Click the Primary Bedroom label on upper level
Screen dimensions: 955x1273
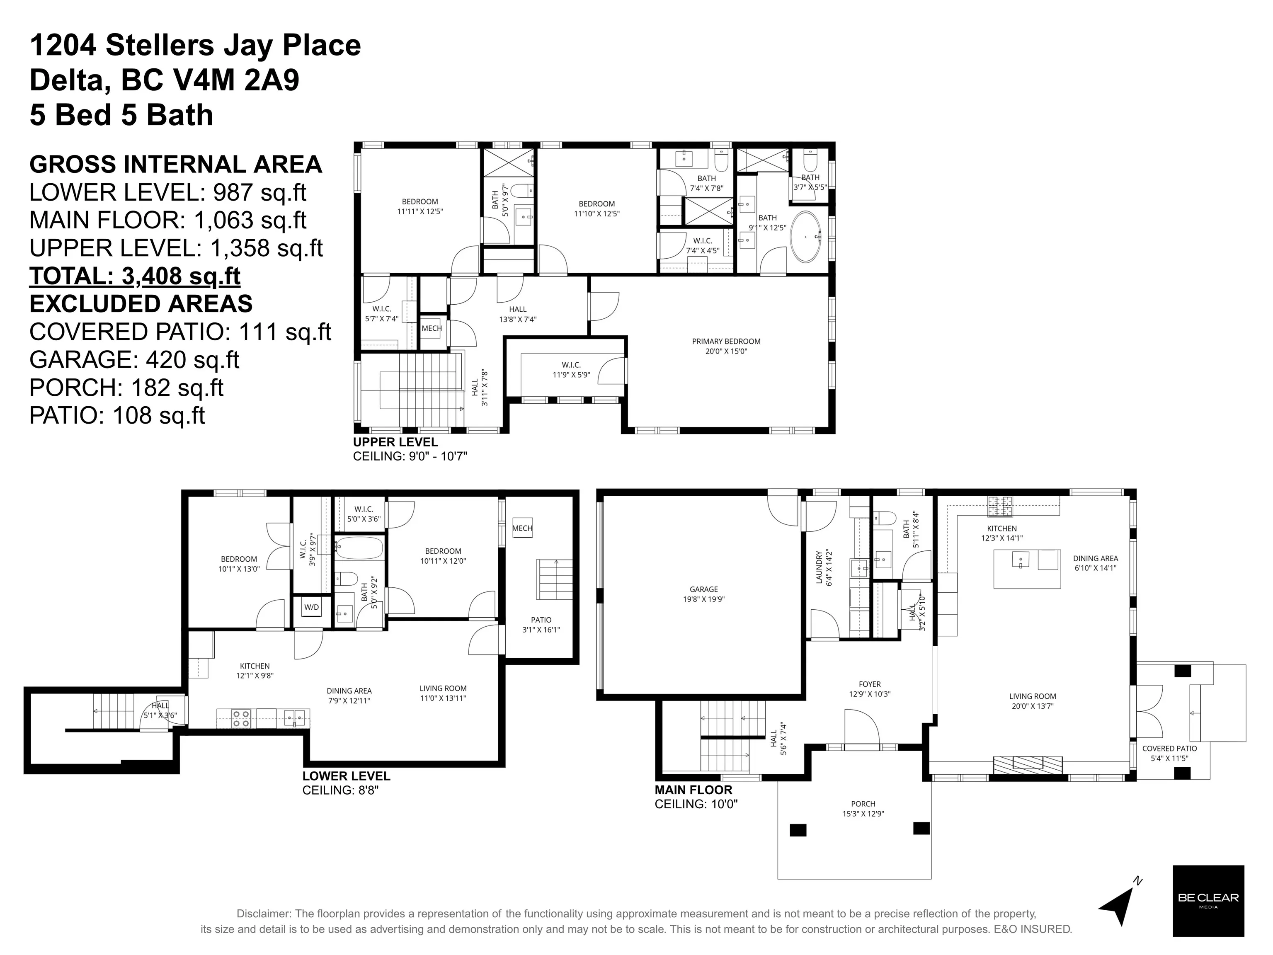pos(726,342)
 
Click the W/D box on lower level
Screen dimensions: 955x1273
pos(311,607)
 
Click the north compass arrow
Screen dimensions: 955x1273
pos(1119,907)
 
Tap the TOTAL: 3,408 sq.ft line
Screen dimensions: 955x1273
pos(135,276)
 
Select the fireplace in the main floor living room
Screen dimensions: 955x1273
pos(1028,764)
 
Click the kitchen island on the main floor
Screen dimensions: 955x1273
pos(1027,568)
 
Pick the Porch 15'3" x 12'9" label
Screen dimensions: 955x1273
pos(863,808)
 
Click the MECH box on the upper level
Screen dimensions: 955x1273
pos(432,329)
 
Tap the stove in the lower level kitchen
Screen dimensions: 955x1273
pos(241,718)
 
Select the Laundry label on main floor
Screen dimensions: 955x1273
pos(820,568)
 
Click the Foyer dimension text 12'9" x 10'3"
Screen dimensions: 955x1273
pos(870,694)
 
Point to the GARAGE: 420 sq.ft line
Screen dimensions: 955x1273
pos(134,359)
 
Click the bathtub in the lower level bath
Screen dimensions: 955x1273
pos(359,548)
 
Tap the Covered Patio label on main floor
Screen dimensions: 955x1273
pos(1169,749)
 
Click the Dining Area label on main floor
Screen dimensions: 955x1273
pos(1095,558)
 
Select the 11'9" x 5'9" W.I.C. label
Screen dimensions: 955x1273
pos(571,375)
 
